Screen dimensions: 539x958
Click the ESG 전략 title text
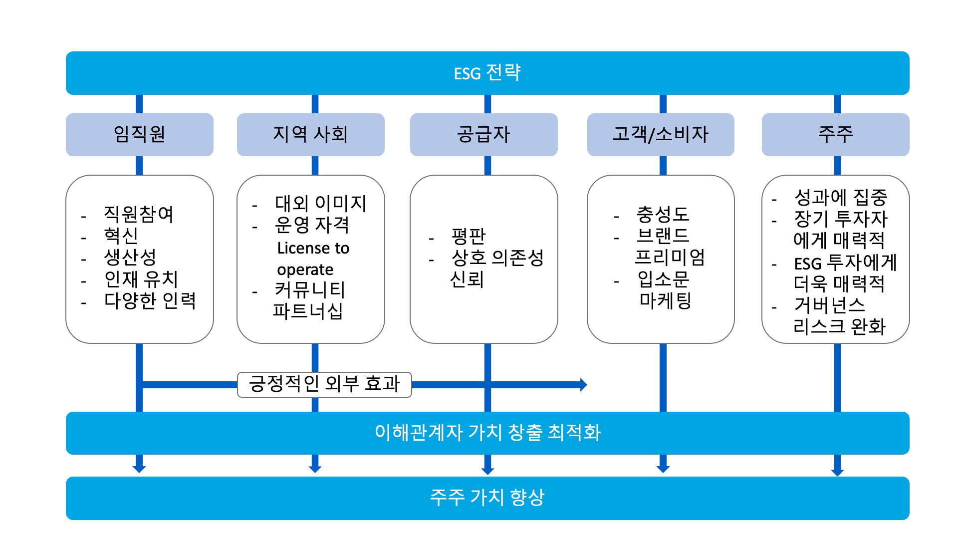pos(487,73)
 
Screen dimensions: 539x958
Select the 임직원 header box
pos(139,134)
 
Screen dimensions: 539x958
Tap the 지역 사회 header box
pos(310,134)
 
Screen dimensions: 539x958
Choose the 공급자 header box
pos(483,134)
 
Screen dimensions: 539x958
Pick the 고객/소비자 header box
pos(660,134)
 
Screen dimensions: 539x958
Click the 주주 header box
pos(835,134)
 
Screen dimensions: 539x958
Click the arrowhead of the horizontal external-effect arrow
pos(583,384)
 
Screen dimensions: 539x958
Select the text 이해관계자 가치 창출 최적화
pos(487,433)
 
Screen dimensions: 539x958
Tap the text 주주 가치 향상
pos(487,498)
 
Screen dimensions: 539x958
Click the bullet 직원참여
pos(138,215)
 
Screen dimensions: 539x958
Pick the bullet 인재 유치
pos(141,279)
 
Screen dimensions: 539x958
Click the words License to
pos(313,248)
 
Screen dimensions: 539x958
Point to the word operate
pos(305,270)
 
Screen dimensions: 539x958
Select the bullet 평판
pos(468,236)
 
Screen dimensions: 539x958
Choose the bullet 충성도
pos(663,215)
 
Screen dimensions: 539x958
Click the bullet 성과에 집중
pos(840,198)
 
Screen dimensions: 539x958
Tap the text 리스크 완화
pos(839,327)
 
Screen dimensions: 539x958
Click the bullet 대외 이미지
pos(320,203)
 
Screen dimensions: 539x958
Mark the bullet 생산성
pos(130,258)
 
